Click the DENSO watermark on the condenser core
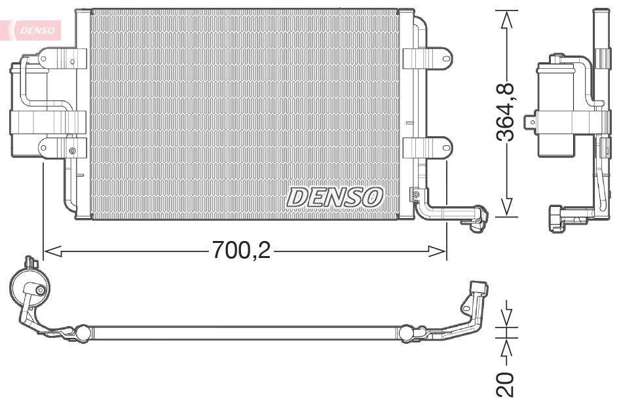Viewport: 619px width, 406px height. [335, 196]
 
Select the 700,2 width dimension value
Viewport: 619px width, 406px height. [241, 249]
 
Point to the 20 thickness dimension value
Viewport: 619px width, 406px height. [506, 384]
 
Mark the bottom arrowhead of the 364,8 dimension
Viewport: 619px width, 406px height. [506, 208]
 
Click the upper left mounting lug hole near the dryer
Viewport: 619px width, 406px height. [44, 60]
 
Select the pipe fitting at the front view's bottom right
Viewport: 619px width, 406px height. [475, 217]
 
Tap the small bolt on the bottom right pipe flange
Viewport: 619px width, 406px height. [414, 194]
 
